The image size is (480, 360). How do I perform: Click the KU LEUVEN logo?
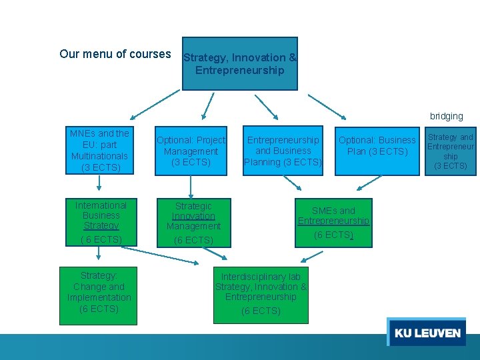coord(427,332)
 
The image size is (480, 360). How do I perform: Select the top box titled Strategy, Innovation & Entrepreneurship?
coord(240,64)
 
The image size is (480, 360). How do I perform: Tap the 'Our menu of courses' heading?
coord(115,54)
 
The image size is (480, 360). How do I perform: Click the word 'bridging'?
coord(446,116)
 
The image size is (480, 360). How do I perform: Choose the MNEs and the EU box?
coord(99,151)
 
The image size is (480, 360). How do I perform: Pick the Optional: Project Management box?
coord(191,151)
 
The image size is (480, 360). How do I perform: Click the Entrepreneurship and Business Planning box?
coord(283,151)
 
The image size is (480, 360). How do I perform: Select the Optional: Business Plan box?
coord(377,151)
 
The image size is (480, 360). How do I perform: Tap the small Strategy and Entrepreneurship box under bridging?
coord(451,151)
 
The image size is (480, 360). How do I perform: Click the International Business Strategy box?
coord(101,222)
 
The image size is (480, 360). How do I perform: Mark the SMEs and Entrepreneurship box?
coord(333,223)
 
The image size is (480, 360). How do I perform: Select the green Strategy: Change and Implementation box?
coord(99,295)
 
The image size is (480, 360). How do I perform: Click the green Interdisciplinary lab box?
coord(261,294)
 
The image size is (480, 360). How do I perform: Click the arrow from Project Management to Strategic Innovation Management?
coord(191,187)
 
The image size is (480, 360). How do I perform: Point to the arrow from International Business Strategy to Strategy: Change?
coord(99,254)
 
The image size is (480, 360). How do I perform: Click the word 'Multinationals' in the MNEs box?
coord(99,156)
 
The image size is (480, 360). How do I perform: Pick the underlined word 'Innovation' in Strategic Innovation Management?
coord(193,216)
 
